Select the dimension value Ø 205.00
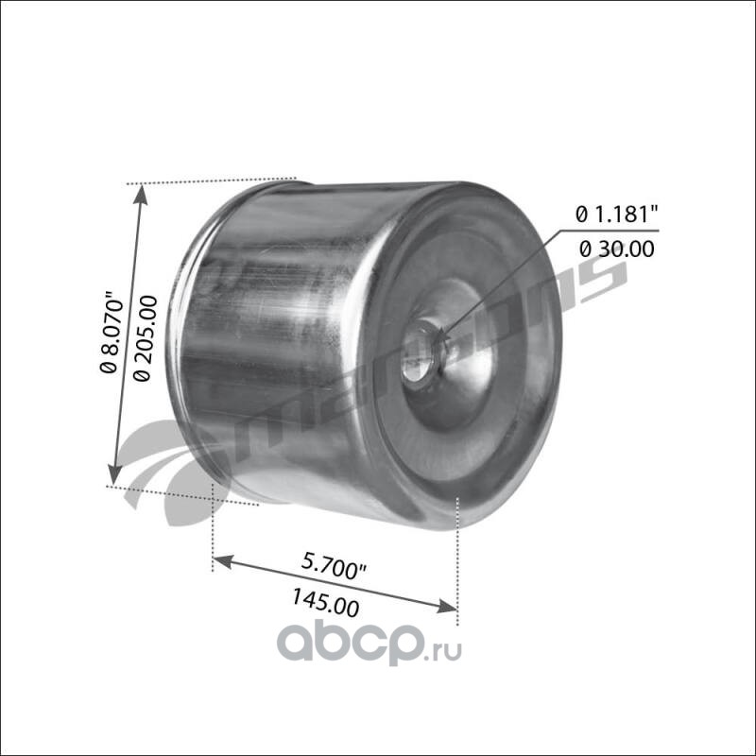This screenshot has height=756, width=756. (146, 338)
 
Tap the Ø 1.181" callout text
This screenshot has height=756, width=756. (617, 215)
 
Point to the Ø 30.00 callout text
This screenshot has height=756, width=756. (617, 249)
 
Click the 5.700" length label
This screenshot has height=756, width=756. (335, 566)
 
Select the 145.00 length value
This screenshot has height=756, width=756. (325, 603)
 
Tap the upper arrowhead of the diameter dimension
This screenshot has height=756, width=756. (140, 195)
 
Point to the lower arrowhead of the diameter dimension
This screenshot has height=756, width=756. (114, 473)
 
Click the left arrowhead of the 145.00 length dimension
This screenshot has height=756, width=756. (223, 561)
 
